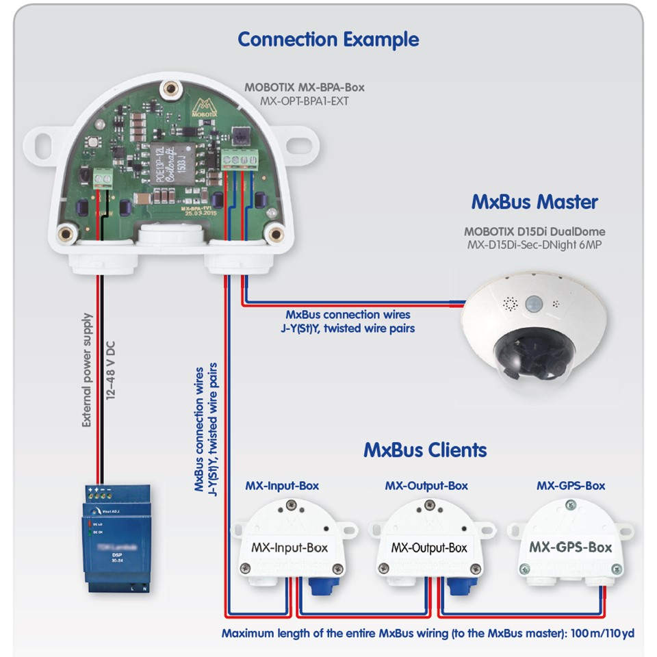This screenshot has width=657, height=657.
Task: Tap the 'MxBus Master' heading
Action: (x=534, y=202)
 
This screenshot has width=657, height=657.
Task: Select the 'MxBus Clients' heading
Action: (x=425, y=450)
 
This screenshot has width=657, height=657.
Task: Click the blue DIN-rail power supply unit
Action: (x=116, y=537)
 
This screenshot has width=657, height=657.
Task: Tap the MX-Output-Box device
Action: (x=428, y=541)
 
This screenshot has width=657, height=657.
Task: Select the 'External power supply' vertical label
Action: (x=87, y=370)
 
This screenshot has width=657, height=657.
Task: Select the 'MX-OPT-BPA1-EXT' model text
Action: (x=304, y=101)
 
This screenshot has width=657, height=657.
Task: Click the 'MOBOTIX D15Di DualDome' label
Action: (x=534, y=231)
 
